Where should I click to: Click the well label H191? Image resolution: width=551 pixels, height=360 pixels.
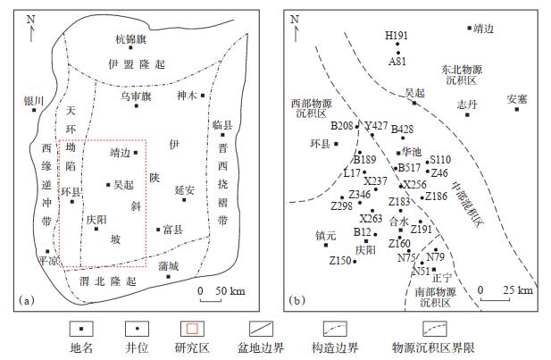(397, 36)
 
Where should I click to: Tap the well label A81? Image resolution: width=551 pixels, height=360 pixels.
(397, 62)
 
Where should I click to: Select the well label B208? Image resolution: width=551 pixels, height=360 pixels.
(342, 126)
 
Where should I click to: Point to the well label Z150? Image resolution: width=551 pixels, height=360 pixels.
(340, 261)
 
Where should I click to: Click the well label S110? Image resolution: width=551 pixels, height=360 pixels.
(440, 159)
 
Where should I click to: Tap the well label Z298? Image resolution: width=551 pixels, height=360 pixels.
(341, 206)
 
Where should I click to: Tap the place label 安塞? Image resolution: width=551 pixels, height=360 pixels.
(517, 98)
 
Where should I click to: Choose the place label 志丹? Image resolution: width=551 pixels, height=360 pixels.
(467, 105)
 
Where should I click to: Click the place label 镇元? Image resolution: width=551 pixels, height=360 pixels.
(326, 236)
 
